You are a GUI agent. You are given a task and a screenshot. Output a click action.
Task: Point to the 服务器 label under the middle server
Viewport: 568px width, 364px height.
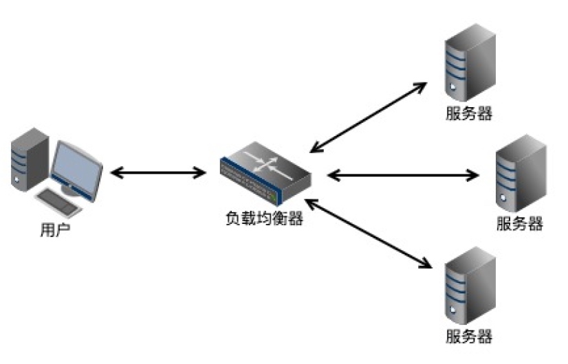(519, 223)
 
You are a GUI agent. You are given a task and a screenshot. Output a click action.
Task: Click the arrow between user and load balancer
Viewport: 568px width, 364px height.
(158, 172)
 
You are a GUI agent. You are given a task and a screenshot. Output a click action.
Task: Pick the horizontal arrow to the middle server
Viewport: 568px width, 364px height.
(403, 175)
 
